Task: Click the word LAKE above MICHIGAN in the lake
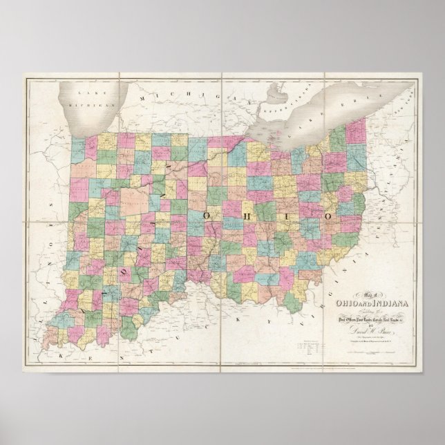(87, 92)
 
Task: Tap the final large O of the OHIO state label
(328, 216)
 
